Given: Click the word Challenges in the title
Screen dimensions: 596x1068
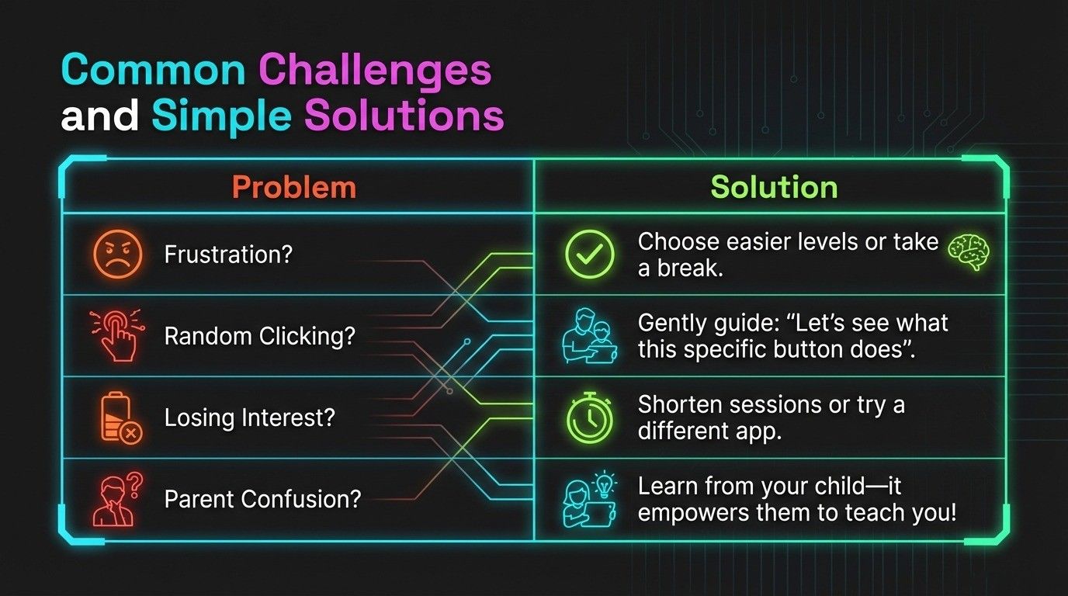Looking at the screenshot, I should [x=375, y=71].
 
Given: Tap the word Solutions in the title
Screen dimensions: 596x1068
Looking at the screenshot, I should [x=404, y=116].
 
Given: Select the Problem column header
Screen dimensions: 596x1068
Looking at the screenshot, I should [x=294, y=188].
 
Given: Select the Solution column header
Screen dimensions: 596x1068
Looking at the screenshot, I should [x=774, y=188].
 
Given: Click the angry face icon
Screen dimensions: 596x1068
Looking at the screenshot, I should [x=117, y=255].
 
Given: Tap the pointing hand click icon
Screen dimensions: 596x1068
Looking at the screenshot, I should [x=116, y=336].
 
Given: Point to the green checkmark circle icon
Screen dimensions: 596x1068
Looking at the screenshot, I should [x=589, y=255].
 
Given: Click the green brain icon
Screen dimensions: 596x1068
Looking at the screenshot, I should [x=967, y=252].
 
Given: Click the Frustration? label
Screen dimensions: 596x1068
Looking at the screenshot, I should [x=228, y=255].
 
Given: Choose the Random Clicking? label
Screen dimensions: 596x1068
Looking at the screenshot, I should [x=259, y=337].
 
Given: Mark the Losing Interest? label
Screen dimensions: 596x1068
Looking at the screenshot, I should [x=249, y=418].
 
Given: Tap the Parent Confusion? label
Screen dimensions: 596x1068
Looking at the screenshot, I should [x=262, y=499].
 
